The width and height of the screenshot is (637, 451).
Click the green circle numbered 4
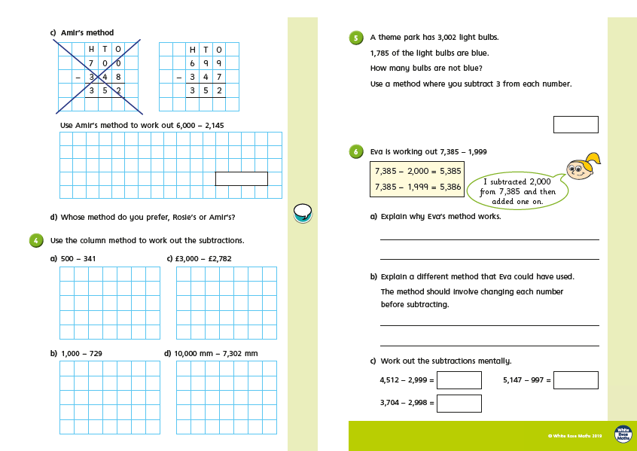(x=35, y=241)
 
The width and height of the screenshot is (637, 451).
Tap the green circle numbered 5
(x=356, y=38)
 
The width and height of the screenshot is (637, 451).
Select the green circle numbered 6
(x=356, y=152)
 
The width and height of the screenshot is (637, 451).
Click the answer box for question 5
(x=575, y=124)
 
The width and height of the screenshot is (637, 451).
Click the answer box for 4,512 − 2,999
(x=459, y=380)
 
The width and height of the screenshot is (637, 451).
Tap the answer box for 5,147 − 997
(x=575, y=380)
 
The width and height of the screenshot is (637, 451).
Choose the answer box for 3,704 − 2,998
(x=459, y=404)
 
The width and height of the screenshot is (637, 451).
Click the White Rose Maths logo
(x=623, y=434)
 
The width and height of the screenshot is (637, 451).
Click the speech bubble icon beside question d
(x=302, y=214)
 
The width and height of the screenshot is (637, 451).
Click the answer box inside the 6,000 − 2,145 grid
(x=241, y=178)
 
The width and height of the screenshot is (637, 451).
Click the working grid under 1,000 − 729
(x=109, y=397)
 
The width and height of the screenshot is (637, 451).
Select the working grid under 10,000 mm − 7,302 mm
(x=226, y=397)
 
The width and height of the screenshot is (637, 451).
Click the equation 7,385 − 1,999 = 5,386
(x=417, y=187)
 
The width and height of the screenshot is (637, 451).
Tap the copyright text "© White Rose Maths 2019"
(x=575, y=436)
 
